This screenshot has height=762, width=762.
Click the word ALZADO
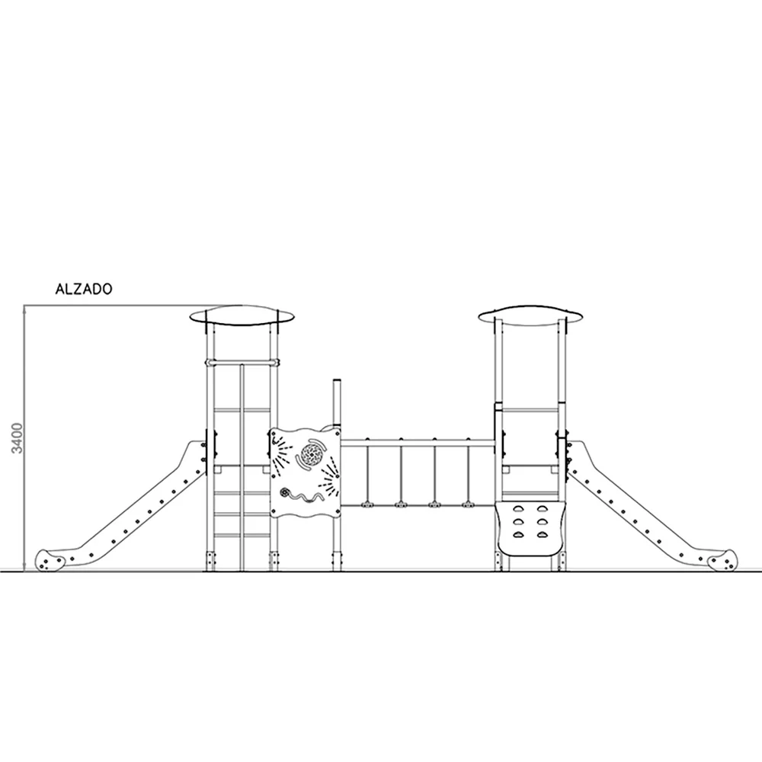[84, 289]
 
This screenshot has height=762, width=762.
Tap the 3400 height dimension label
[18, 438]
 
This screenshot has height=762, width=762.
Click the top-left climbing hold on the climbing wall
[518, 509]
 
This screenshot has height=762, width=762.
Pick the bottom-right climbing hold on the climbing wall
[542, 535]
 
